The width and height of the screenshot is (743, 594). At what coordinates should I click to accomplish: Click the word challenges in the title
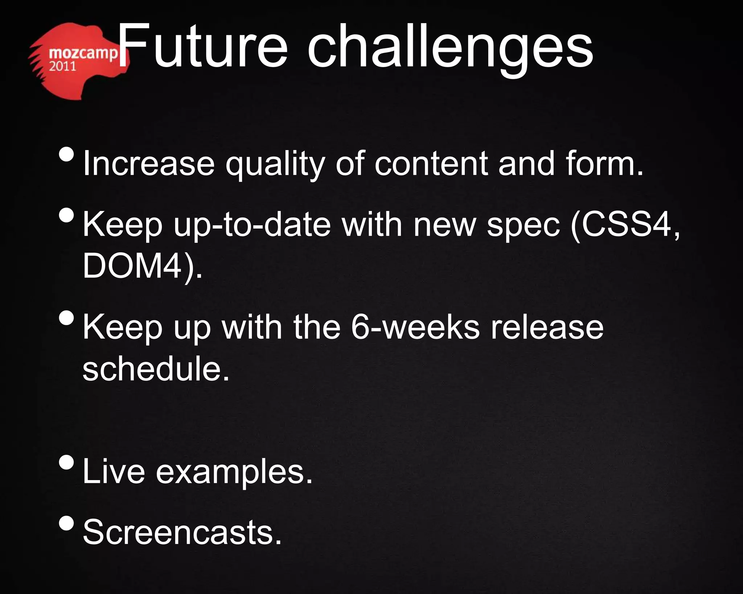(450, 49)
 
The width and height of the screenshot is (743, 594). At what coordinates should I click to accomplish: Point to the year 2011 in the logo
(62, 66)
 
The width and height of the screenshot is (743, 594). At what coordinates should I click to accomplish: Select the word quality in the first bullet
(275, 165)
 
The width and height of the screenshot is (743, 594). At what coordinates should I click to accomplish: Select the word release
(547, 327)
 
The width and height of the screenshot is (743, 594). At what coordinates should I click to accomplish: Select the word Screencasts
(182, 532)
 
